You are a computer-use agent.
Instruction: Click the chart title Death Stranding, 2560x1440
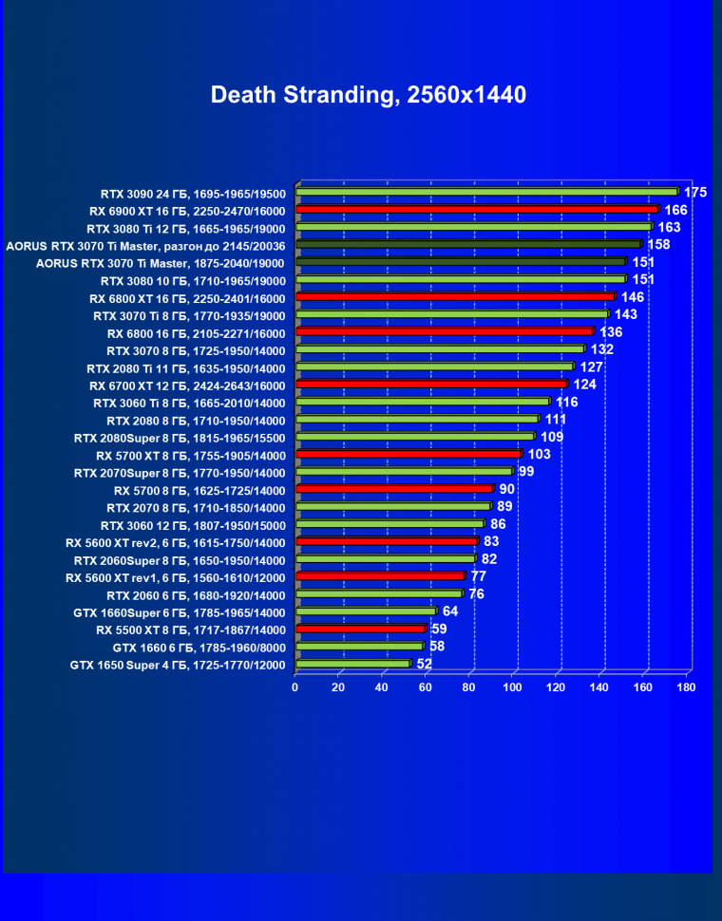[x=368, y=95]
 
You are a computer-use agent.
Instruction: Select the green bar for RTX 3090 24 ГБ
[x=486, y=192]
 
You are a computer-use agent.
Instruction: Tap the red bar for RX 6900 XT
[x=477, y=210]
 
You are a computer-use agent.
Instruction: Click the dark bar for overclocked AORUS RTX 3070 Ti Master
[x=468, y=245]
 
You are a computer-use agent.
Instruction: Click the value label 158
[x=658, y=245]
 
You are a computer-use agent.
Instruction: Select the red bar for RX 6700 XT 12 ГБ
[x=431, y=385]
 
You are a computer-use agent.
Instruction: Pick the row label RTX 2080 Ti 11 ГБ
[x=185, y=367]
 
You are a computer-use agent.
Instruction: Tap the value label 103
[x=539, y=455]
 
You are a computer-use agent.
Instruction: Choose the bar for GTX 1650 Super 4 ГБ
[x=352, y=664]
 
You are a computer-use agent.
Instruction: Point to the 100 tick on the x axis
[x=513, y=686]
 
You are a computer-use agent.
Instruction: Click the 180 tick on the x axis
[x=686, y=686]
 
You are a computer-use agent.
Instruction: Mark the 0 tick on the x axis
[x=295, y=686]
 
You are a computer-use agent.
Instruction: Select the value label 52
[x=425, y=665]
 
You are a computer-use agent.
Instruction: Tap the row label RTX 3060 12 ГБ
[x=192, y=525]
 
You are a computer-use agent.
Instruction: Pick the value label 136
[x=611, y=332]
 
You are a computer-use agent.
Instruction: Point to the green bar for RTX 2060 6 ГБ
[x=378, y=594]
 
